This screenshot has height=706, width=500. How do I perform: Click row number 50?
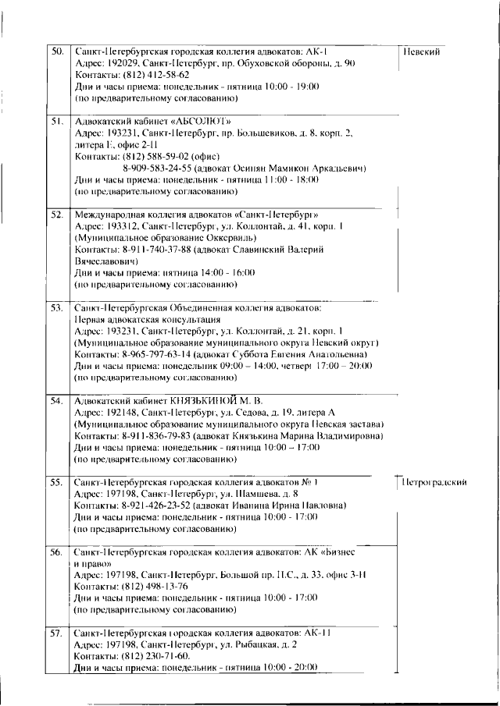pos(56,50)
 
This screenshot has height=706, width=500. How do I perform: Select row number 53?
pos(56,307)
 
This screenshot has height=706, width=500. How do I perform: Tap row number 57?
pos(56,633)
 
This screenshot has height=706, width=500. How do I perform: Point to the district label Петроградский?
pos(434,483)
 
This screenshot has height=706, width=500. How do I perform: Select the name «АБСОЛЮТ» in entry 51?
pos(195,121)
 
